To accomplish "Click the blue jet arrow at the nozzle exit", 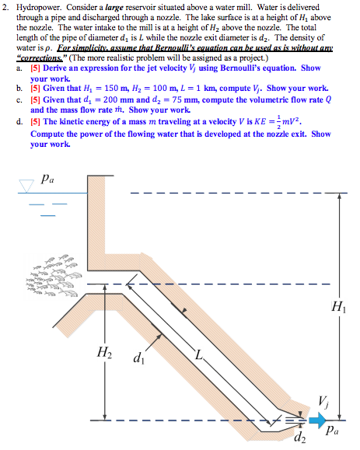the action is [317, 420].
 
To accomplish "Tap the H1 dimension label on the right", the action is [339, 306].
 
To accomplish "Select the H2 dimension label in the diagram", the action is [104, 352].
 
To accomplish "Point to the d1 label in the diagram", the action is [138, 358].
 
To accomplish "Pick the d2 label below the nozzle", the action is [300, 437].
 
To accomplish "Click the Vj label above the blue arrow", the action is [323, 402].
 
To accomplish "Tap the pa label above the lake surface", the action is [47, 179].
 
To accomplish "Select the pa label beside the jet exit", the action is [332, 431].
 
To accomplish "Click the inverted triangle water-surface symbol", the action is [26, 186].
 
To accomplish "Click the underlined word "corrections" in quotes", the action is [40, 58].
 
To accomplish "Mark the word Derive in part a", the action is [55, 68].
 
